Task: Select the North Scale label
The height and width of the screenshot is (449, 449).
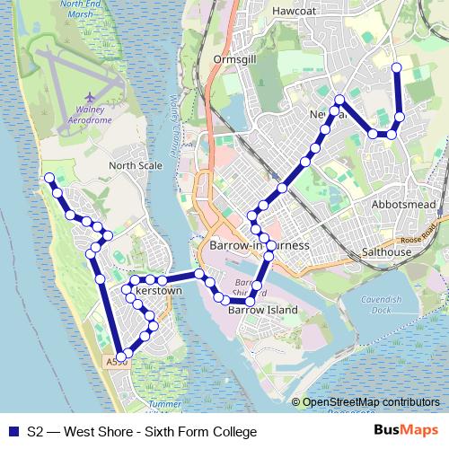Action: click(135, 166)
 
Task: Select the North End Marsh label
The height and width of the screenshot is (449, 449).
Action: click(87, 10)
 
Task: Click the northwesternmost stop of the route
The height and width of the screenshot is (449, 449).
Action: click(49, 178)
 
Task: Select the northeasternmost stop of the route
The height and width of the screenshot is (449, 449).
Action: click(397, 67)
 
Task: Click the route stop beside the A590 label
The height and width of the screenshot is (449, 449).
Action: click(122, 357)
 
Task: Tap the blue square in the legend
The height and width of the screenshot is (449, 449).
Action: click(13, 432)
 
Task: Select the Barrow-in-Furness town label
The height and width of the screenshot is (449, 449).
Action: click(259, 246)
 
